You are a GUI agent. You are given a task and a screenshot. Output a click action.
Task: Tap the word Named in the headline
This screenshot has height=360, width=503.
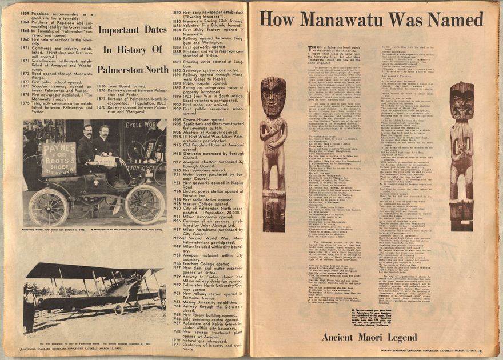coord(455,19)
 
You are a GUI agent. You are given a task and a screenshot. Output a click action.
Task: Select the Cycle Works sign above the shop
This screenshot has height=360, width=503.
coord(141,125)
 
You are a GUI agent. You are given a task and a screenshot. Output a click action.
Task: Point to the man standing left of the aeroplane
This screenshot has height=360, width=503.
coord(28,309)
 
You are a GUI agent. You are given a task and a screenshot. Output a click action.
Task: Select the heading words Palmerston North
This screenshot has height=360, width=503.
coord(132,69)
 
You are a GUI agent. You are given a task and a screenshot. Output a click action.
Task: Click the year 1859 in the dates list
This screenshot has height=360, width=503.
coord(25,13)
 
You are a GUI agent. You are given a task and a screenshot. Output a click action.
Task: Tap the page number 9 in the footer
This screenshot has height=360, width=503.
coord(481,351)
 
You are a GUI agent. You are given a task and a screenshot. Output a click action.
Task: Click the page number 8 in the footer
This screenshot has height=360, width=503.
coord(21,349)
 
